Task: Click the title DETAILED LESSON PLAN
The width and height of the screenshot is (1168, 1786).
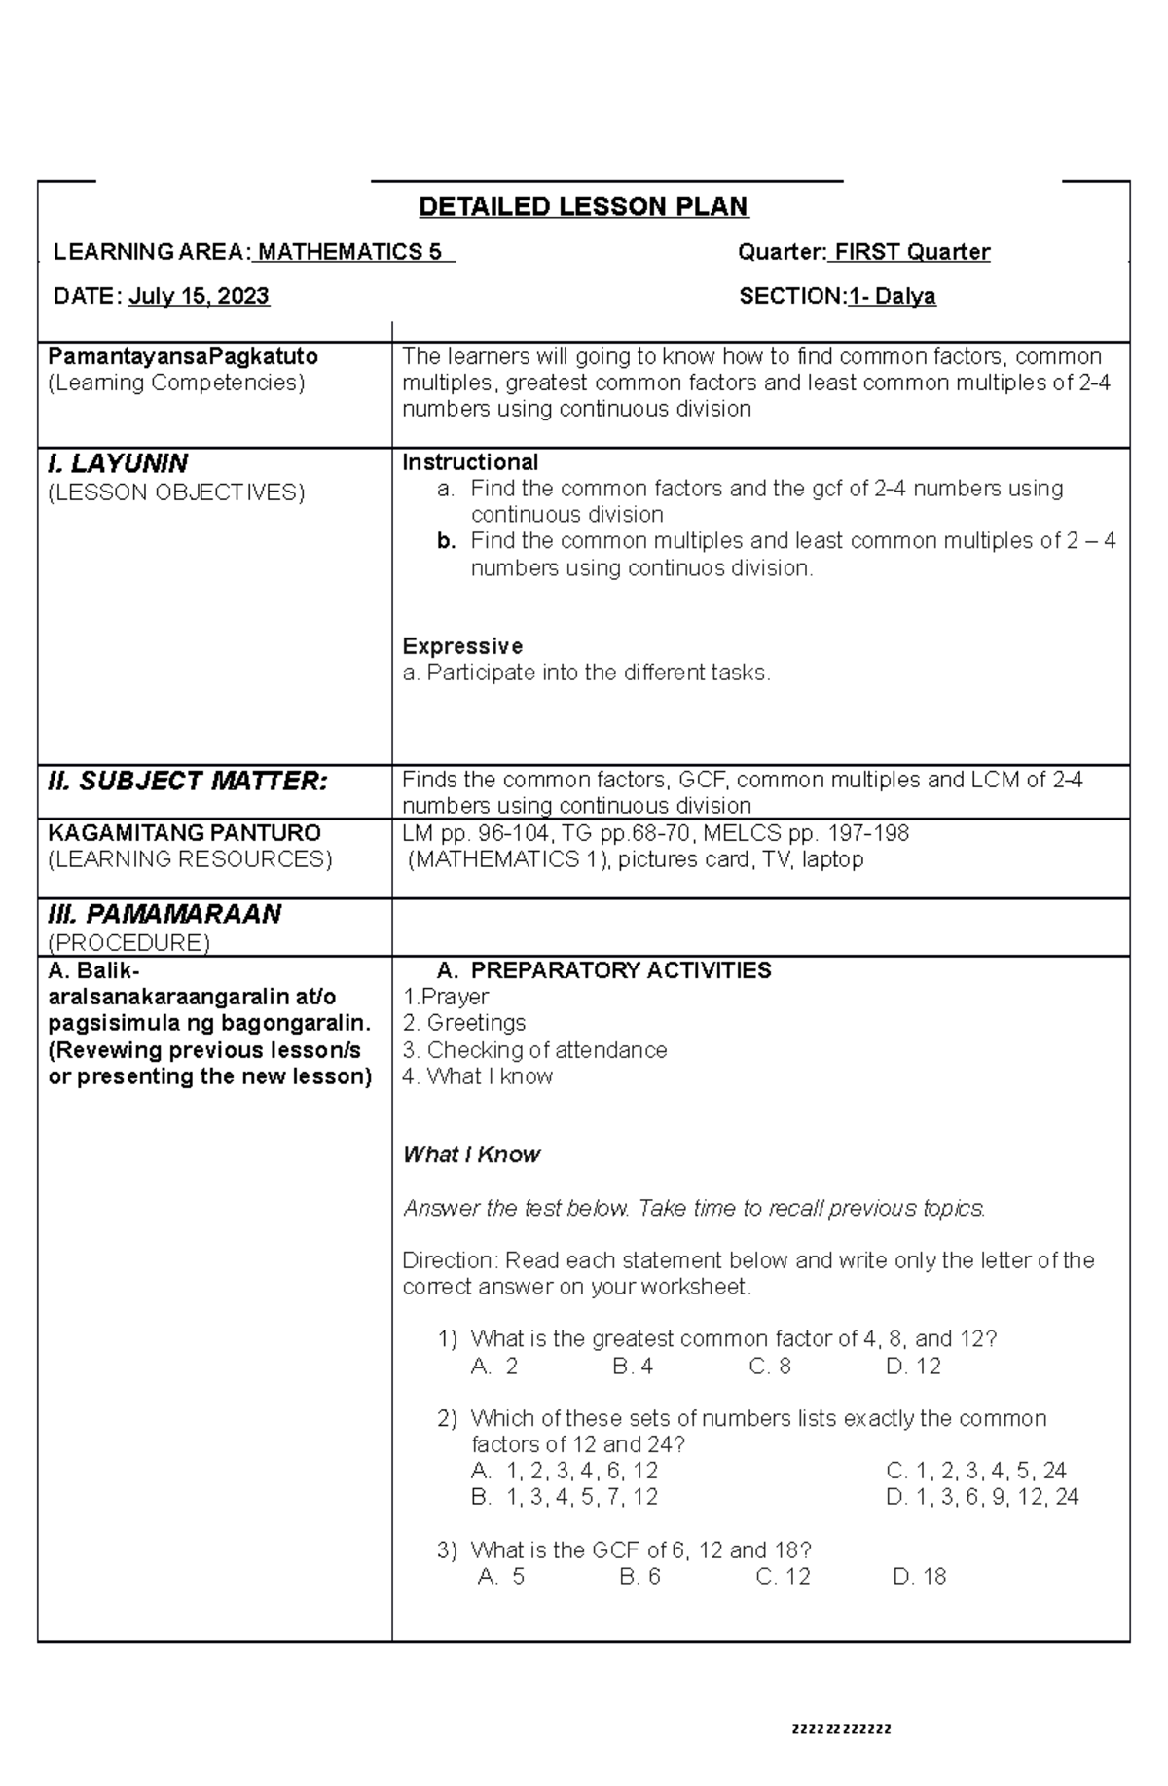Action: coord(583,206)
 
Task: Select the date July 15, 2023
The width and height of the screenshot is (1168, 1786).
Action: coord(199,296)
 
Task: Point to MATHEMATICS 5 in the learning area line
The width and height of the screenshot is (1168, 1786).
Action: coord(353,252)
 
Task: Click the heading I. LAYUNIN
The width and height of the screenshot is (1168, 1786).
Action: coord(118,463)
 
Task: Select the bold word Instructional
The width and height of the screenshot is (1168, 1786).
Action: coord(470,462)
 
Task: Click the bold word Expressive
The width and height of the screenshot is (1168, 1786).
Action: coord(462,646)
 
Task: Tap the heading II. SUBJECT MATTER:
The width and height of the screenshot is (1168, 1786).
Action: coord(187,781)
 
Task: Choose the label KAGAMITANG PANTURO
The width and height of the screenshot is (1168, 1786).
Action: coord(184,833)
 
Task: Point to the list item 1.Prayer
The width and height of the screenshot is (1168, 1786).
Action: coord(446,997)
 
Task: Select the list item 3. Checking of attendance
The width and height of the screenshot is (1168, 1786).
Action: coord(534,1050)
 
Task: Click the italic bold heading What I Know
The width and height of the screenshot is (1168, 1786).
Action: coord(471,1154)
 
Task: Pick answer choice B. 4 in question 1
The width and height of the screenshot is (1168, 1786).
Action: coord(633,1367)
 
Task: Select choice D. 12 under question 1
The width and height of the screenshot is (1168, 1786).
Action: coord(913,1367)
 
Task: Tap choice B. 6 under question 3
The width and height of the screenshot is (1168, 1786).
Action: coord(639,1577)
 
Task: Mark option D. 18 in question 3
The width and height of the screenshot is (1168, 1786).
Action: coord(919,1577)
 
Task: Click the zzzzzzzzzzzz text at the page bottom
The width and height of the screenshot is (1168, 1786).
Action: coord(841,1730)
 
